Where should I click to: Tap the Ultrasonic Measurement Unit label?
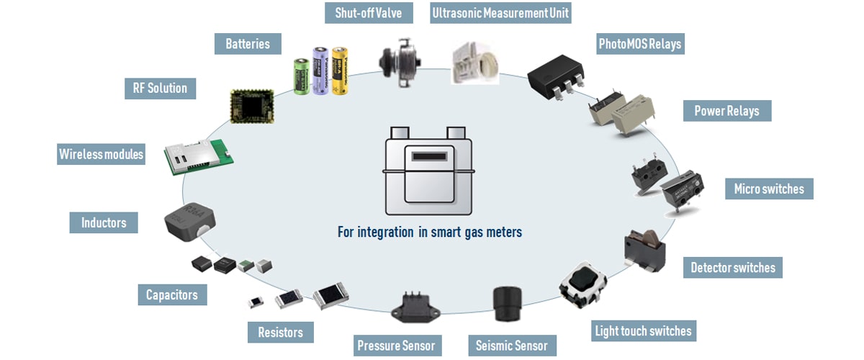point(500,13)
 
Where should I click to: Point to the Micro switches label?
point(769,189)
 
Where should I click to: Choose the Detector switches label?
point(733,268)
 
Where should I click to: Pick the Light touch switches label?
point(643,331)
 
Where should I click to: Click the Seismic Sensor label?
point(511,346)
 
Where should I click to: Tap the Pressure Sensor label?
point(396,346)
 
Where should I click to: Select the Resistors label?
point(280,333)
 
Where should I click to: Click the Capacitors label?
point(171,294)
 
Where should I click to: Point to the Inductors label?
point(104,222)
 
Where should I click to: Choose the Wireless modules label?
point(101,154)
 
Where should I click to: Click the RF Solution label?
point(160,89)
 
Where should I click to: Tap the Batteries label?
point(248,44)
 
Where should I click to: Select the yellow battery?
point(339,70)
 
